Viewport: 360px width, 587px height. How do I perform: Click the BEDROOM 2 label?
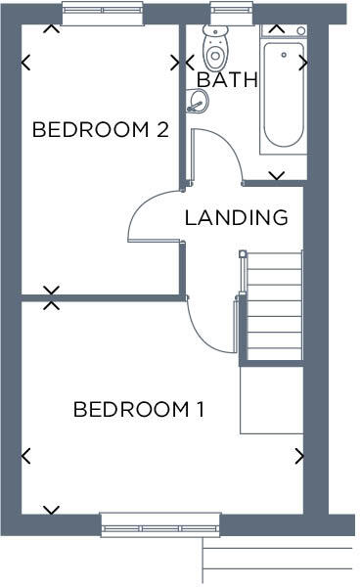[101, 129]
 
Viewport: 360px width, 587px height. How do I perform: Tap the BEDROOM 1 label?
[139, 409]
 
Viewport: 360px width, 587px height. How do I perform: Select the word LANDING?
[237, 217]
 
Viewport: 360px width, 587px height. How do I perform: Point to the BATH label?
[227, 80]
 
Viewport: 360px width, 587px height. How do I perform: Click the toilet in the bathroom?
[213, 45]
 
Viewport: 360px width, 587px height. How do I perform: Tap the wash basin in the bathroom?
[198, 101]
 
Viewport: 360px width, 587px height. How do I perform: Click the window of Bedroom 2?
[102, 14]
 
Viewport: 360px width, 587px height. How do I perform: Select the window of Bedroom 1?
[160, 525]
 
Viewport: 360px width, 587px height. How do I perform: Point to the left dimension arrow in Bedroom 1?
[25, 456]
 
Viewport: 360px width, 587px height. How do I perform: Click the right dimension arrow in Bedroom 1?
[299, 456]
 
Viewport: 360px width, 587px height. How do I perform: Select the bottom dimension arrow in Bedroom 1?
[51, 510]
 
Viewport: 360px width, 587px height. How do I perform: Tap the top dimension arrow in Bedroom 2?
[51, 27]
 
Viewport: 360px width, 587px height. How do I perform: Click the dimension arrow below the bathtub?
[277, 176]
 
